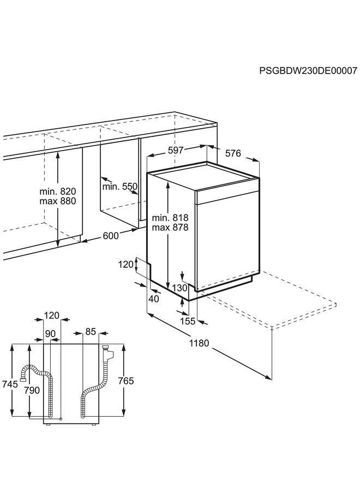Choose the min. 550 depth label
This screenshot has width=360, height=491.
pyautogui.click(x=119, y=187)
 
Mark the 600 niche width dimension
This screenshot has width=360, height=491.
pyautogui.click(x=111, y=236)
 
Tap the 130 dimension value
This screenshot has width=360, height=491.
pyautogui.click(x=181, y=288)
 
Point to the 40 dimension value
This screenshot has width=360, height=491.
pyautogui.click(x=154, y=298)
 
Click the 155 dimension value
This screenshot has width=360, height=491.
pyautogui.click(x=188, y=321)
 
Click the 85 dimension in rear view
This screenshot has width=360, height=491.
pyautogui.click(x=91, y=331)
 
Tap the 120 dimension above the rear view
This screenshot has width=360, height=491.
pyautogui.click(x=52, y=316)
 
